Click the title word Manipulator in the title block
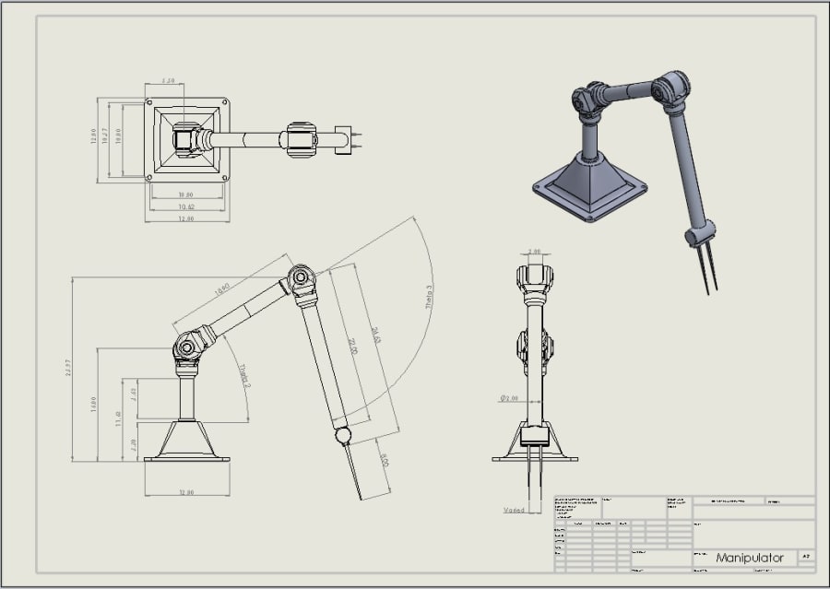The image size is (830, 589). pos(749,558)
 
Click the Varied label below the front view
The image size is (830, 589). pos(514,510)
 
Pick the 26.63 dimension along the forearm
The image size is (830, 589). pos(375,336)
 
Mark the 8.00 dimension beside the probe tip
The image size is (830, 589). pos(384,459)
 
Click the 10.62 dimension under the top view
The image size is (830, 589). pos(186,206)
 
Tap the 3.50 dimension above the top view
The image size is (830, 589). pos(169,81)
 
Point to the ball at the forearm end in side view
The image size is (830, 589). pos(342,434)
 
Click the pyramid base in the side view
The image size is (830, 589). pos(187,440)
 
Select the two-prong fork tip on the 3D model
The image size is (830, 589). pos(705,267)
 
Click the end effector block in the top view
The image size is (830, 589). pos(344,140)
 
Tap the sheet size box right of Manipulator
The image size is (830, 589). pos(805,558)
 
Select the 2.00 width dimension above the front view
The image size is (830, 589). pos(534,252)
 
